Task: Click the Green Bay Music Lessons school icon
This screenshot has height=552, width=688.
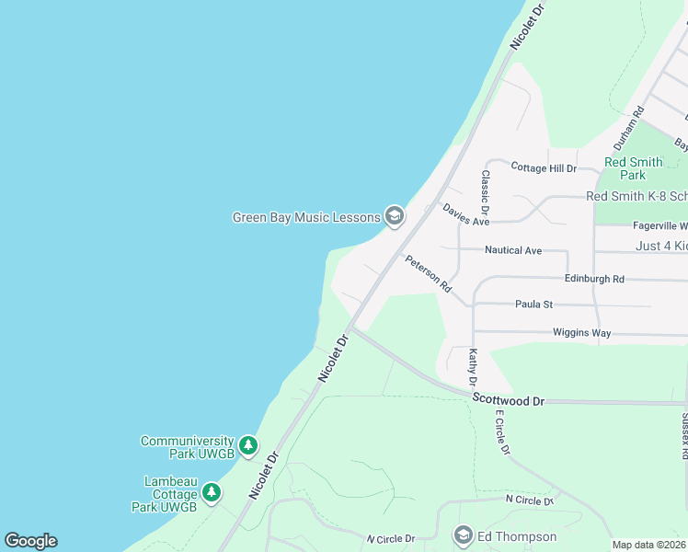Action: (x=395, y=217)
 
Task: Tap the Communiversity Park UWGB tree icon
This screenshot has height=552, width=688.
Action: (x=247, y=446)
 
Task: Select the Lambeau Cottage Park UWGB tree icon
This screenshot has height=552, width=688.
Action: (x=212, y=493)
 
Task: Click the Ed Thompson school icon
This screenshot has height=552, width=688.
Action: (x=464, y=535)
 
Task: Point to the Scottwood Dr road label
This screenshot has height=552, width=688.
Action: (x=509, y=400)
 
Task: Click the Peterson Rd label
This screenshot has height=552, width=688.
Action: (x=428, y=273)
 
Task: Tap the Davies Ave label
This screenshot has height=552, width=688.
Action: (x=465, y=214)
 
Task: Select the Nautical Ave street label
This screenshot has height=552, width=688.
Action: (x=513, y=250)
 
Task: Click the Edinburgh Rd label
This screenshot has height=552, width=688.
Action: (x=594, y=279)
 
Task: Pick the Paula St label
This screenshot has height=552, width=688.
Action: (x=533, y=304)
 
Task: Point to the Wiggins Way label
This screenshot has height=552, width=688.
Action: (x=582, y=332)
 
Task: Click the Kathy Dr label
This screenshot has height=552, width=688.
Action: (x=473, y=367)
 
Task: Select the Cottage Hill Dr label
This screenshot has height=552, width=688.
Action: (x=543, y=168)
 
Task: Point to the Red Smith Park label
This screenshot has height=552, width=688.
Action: (x=633, y=168)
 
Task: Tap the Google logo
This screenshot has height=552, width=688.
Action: (x=30, y=541)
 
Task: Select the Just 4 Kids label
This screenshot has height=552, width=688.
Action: (x=661, y=246)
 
